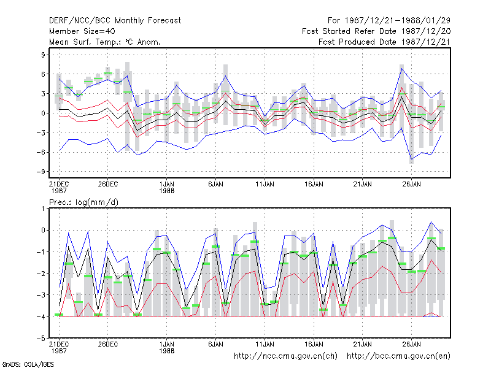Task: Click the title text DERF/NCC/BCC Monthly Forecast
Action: click(x=115, y=21)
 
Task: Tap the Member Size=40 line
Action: click(x=82, y=31)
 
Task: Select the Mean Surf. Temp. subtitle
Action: click(x=105, y=42)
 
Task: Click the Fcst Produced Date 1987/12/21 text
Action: click(x=385, y=42)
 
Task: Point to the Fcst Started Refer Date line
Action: click(x=376, y=31)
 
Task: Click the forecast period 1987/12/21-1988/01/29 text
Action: click(x=389, y=21)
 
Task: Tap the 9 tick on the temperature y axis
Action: click(x=43, y=55)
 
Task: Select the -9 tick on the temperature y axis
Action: click(x=41, y=172)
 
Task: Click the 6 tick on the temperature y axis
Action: click(x=43, y=74)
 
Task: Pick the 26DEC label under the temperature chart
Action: click(x=108, y=184)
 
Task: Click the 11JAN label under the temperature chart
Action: click(x=265, y=184)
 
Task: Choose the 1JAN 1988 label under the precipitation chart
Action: click(x=166, y=347)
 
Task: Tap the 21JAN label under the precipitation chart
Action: click(x=363, y=344)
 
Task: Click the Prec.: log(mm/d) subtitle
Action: click(x=83, y=202)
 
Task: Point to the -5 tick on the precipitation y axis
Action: click(x=41, y=339)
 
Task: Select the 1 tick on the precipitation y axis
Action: click(x=43, y=209)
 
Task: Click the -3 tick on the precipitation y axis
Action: click(x=41, y=295)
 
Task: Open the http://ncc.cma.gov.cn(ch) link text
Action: click(x=285, y=356)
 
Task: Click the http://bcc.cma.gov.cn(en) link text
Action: click(x=398, y=356)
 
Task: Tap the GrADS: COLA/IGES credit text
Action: click(x=28, y=364)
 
